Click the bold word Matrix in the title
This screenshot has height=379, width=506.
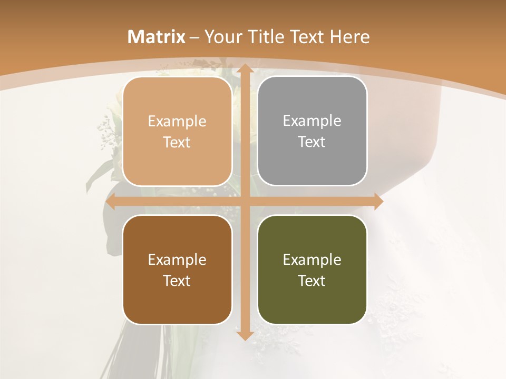coord(157,37)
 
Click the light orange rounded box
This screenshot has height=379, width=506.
coord(177,132)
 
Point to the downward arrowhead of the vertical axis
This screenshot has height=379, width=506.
coord(245,335)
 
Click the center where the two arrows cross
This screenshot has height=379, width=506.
coord(245,202)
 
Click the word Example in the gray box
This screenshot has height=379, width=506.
coord(312,121)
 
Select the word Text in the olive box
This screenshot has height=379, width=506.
coord(312,281)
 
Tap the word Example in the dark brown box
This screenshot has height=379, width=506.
coord(177,260)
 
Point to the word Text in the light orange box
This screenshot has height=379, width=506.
coord(177,143)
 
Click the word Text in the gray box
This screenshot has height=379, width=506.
coord(312,142)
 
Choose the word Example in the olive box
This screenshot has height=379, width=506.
coord(312,260)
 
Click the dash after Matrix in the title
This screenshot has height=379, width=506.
coord(194,37)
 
